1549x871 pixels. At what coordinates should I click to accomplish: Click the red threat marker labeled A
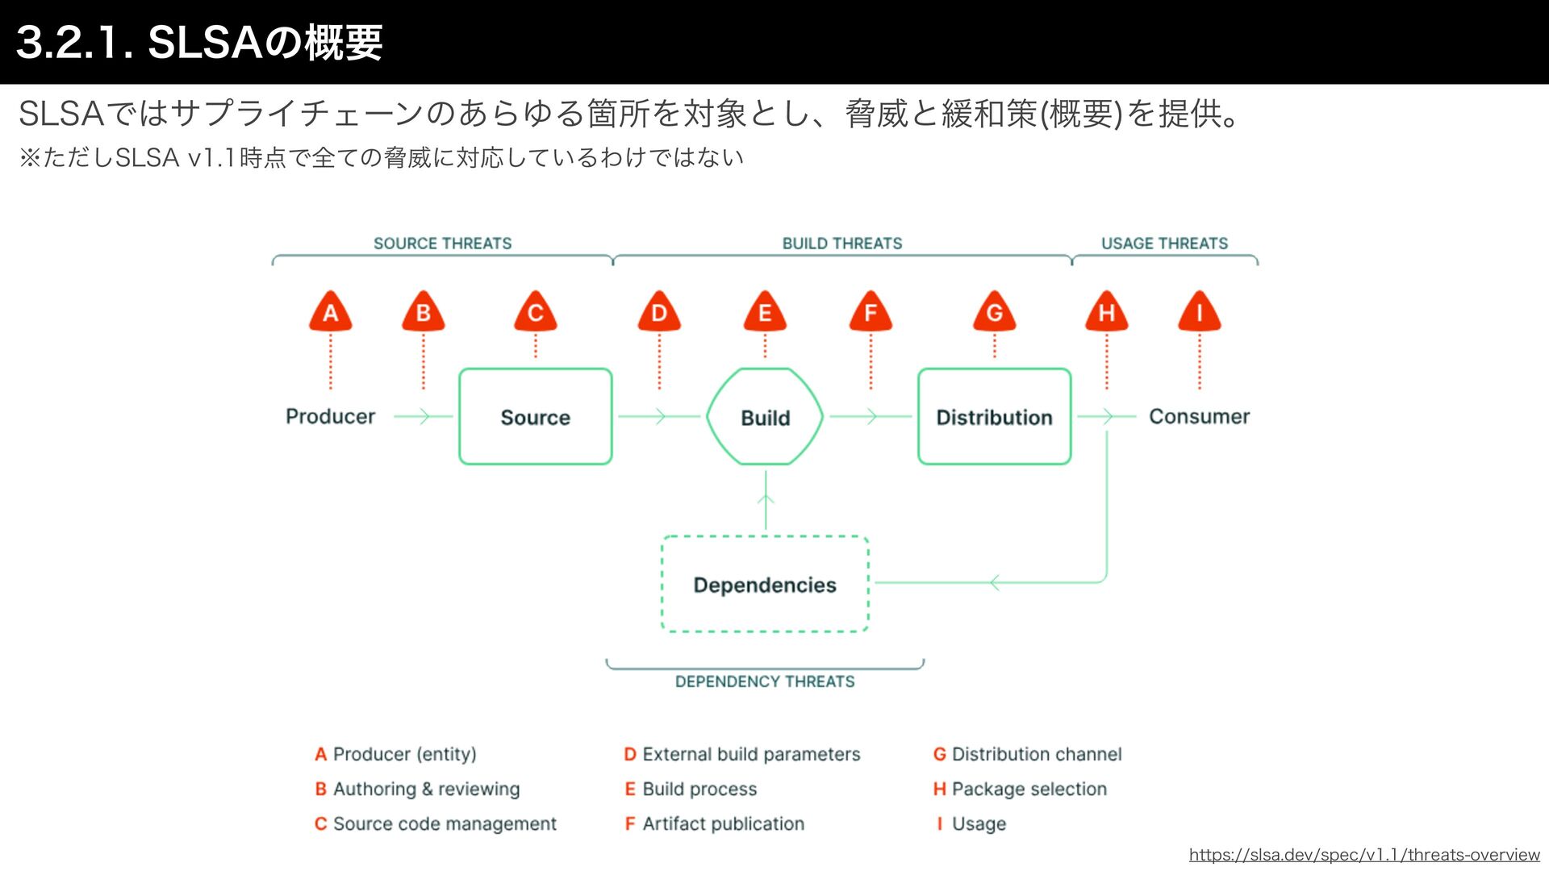(x=330, y=312)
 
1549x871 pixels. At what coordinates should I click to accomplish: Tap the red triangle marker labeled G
(x=994, y=312)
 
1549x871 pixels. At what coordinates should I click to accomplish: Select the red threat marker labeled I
(x=1199, y=312)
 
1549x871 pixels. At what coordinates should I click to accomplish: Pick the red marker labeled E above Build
(x=765, y=312)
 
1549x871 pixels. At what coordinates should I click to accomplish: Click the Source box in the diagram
(x=535, y=416)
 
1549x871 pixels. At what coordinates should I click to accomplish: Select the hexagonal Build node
(x=765, y=416)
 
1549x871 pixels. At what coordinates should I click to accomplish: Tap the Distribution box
(x=994, y=416)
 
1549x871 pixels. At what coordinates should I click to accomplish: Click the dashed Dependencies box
(x=765, y=584)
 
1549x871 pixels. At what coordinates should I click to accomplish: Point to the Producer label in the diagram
(x=330, y=416)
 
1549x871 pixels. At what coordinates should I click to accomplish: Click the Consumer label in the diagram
(x=1199, y=416)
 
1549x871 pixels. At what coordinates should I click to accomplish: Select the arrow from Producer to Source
(x=424, y=416)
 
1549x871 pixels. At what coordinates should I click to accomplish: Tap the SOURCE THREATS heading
(x=442, y=244)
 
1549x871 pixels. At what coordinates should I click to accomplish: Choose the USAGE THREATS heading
(x=1164, y=244)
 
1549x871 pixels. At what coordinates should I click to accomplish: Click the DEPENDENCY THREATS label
(x=765, y=681)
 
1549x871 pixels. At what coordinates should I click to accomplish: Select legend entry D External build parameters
(x=742, y=754)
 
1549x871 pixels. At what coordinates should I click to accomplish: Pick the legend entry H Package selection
(x=1020, y=789)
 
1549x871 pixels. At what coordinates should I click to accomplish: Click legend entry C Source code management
(x=436, y=823)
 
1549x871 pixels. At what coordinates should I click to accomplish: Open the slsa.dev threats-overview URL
(x=1364, y=855)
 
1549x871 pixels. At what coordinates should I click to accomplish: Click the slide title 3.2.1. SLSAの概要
(x=199, y=42)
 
